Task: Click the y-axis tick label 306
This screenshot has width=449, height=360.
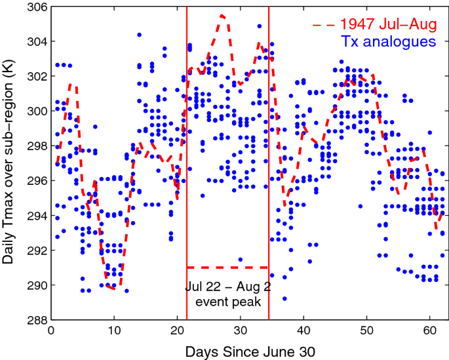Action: [x=35, y=7]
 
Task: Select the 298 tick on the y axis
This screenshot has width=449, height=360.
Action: [x=35, y=146]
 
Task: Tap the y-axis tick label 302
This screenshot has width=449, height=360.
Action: [x=35, y=77]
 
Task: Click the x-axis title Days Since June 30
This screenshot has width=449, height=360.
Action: [x=250, y=351]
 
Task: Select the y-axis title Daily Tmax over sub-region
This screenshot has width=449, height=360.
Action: [x=10, y=164]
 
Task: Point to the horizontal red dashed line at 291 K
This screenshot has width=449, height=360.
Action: [x=227, y=268]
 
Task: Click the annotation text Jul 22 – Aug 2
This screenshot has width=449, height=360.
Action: [x=227, y=287]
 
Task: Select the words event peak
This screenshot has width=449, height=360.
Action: [x=227, y=302]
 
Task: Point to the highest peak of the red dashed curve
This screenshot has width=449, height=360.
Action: [x=222, y=15]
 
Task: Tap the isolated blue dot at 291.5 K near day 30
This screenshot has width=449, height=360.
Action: [x=241, y=259]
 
